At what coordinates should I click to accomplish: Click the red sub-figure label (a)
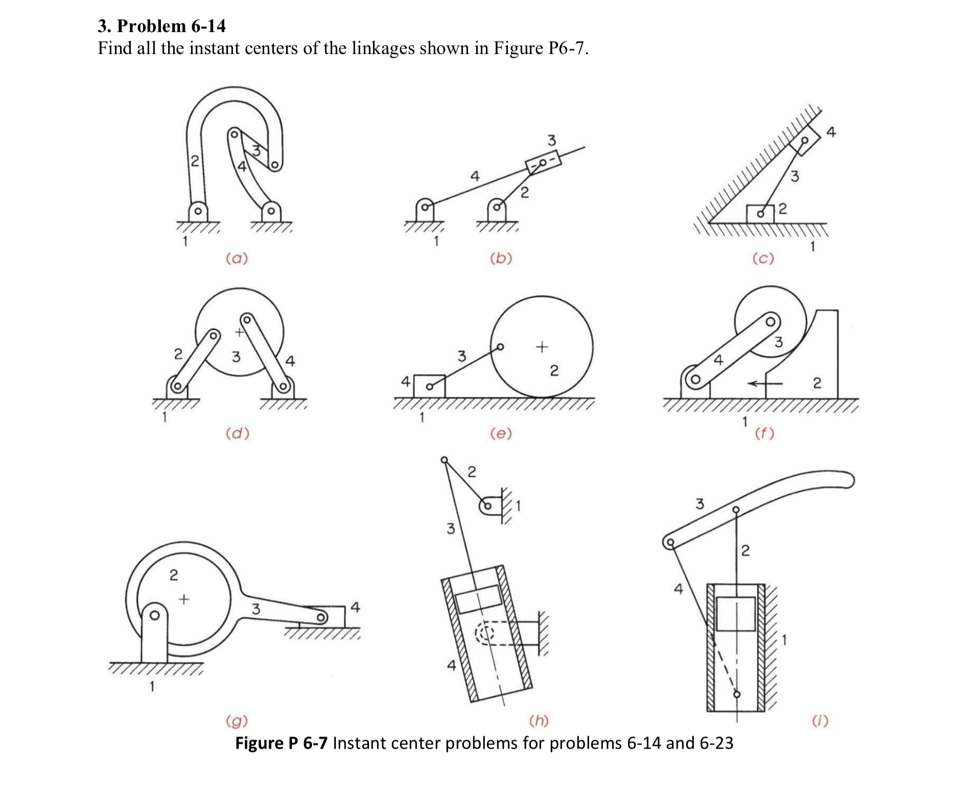pos(237,258)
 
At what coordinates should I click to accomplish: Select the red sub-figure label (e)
pos(500,434)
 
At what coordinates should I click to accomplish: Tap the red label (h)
pos(539,721)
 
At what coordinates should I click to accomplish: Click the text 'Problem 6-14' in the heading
pos(171,26)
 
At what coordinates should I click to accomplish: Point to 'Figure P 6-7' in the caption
pos(281,743)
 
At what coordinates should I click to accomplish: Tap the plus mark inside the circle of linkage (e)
pos(542,347)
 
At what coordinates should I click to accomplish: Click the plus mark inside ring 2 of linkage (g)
pos(183,598)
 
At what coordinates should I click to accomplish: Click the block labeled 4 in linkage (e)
pos(429,386)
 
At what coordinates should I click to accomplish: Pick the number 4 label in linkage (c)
pos(831,132)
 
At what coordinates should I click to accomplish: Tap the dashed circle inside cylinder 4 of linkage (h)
pos(485,634)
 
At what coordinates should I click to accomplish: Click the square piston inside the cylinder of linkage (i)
pos(736,613)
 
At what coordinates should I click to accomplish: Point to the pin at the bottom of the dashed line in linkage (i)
pos(736,694)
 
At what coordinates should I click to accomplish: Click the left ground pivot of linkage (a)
pos(198,210)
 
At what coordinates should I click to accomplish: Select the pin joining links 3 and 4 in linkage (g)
pos(320,618)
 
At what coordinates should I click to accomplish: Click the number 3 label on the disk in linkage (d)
pos(236,356)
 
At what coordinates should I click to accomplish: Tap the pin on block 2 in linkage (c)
pos(760,214)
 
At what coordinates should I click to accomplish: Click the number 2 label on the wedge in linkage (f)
pos(817,383)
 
